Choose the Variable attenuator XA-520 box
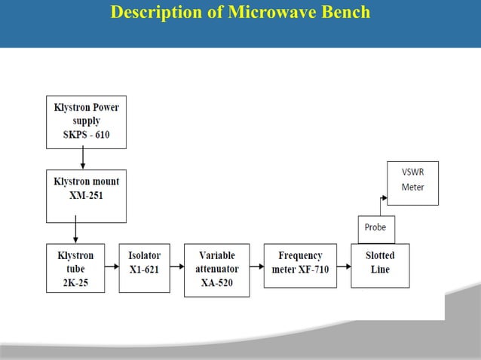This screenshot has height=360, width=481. (x=217, y=269)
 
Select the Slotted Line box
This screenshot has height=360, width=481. (x=380, y=264)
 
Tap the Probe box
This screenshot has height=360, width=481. (x=375, y=228)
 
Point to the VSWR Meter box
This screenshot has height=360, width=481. (x=412, y=182)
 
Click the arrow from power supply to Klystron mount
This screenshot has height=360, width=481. (x=83, y=158)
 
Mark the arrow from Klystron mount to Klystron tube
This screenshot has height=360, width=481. (x=75, y=233)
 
